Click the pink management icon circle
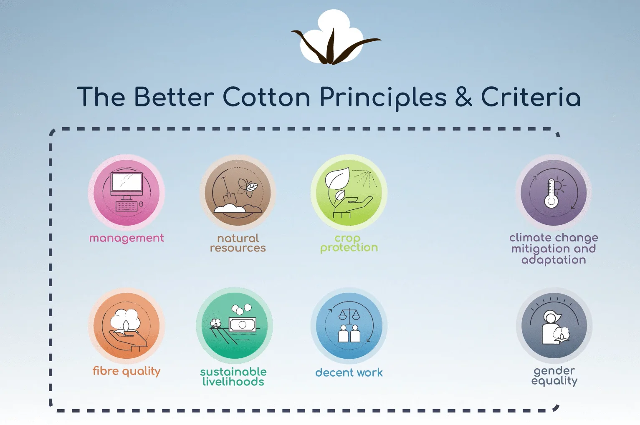coord(126,193)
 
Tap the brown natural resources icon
coord(238,193)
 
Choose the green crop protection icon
coord(349,193)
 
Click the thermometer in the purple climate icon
coord(551,193)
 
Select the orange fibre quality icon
coord(126,326)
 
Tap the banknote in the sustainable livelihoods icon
coord(243,324)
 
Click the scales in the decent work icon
coord(349,317)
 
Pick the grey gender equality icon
coord(554,326)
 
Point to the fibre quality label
coord(126,371)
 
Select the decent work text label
coord(349,372)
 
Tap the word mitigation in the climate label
coord(538,249)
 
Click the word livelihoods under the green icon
coord(233,382)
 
